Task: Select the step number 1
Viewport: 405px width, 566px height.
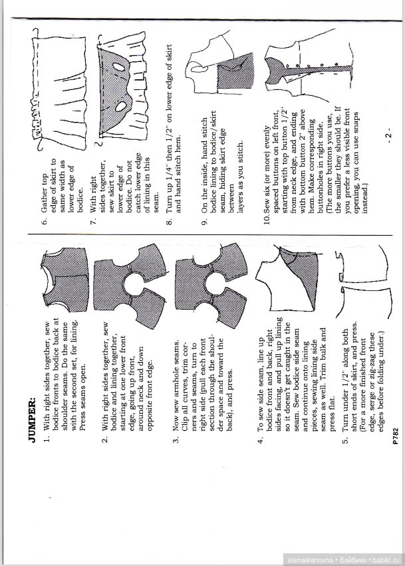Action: [x=48, y=441]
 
